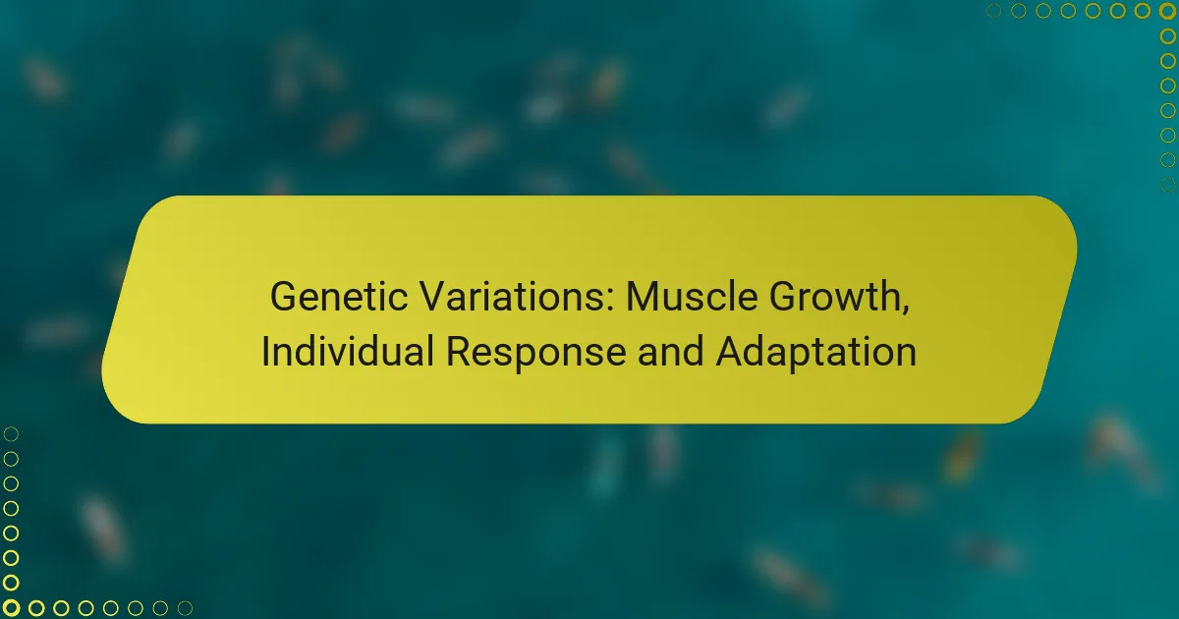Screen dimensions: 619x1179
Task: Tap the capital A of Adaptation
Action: click(729, 352)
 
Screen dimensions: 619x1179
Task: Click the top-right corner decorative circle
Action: click(1167, 11)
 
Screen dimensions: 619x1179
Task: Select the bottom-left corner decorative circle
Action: click(11, 608)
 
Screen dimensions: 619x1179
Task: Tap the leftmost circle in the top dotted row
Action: click(994, 11)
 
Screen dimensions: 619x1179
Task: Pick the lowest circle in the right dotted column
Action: click(1167, 184)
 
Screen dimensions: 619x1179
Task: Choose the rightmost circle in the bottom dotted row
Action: click(184, 608)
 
